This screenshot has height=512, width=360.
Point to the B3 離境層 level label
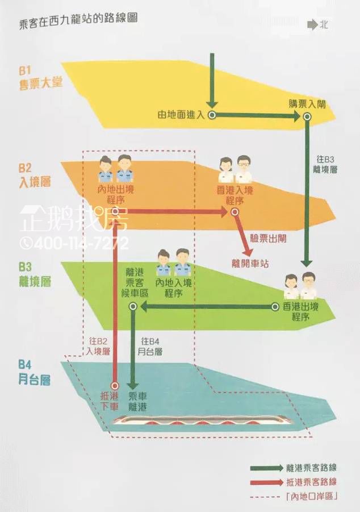pyautogui.click(x=35, y=274)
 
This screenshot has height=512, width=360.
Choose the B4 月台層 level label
pyautogui.click(x=35, y=371)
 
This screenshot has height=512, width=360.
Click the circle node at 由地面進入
pyautogui.click(x=211, y=115)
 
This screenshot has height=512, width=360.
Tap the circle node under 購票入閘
pyautogui.click(x=307, y=116)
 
